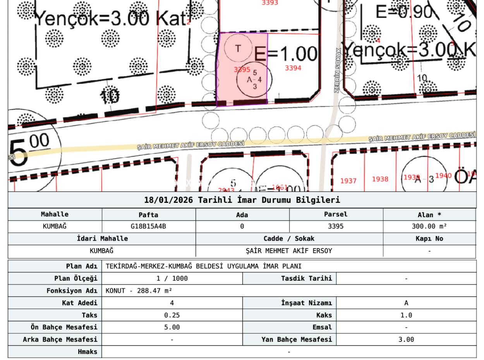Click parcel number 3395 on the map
click(242, 70)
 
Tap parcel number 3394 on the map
click(293, 68)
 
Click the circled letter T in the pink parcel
click(238, 48)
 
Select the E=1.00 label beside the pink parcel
click(286, 54)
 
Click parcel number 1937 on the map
click(348, 181)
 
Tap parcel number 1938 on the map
click(380, 179)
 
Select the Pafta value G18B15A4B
click(148, 226)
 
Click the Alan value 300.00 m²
click(429, 226)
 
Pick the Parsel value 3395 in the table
click(335, 226)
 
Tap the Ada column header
click(242, 215)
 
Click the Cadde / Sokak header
click(289, 238)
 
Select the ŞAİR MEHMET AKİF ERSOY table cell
click(289, 251)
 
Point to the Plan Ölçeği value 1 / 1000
click(172, 278)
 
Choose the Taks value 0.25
click(172, 315)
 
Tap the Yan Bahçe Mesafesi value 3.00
click(406, 339)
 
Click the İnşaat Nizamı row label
click(306, 303)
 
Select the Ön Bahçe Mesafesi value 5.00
click(172, 327)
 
